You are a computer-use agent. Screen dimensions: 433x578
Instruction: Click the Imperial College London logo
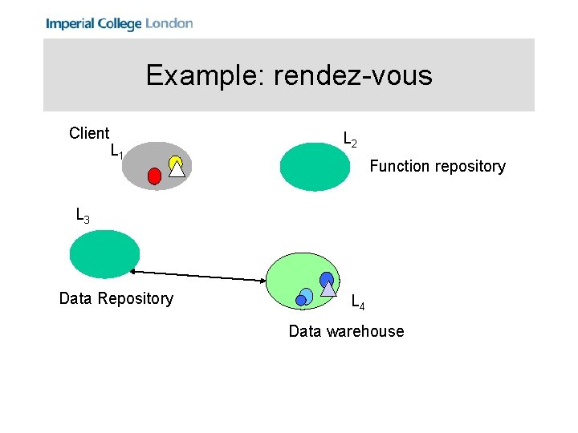[119, 23]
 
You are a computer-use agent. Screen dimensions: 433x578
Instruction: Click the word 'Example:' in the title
[206, 75]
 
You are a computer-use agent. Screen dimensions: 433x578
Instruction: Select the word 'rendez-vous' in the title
[352, 75]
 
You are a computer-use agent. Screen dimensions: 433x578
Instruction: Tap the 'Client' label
[89, 133]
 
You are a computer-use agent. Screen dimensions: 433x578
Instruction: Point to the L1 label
[116, 152]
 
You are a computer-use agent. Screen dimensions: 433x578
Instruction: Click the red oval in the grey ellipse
[154, 176]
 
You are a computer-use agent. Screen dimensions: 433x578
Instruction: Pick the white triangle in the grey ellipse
[177, 168]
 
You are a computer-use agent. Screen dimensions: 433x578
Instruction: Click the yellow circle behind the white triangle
[176, 161]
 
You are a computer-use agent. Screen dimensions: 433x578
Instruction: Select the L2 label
[350, 140]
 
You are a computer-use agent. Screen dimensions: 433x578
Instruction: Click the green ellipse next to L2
[315, 166]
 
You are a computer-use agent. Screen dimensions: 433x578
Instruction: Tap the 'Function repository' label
[437, 166]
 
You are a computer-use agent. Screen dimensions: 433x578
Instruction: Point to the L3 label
[82, 216]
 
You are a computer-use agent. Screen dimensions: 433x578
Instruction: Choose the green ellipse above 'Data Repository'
[104, 253]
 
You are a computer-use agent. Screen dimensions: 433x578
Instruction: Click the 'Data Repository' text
[116, 298]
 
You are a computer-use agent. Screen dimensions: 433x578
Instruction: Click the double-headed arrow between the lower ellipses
[201, 273]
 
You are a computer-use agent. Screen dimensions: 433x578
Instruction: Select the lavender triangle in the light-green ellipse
[328, 289]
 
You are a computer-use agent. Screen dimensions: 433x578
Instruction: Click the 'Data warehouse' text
[346, 331]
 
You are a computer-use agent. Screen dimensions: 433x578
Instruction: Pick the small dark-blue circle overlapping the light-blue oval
[301, 300]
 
